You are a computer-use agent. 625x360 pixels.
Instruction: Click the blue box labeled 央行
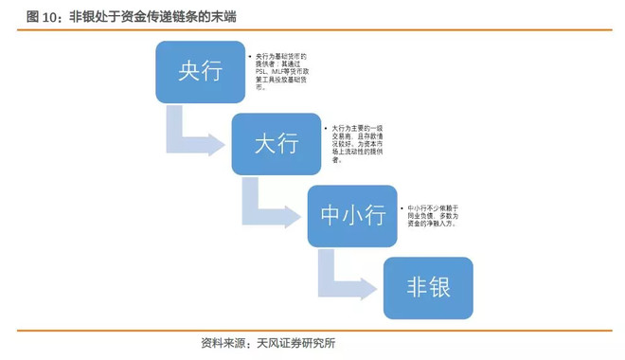(200, 72)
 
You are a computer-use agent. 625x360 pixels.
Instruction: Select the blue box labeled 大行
(276, 143)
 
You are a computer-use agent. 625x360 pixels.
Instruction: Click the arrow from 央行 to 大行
(193, 137)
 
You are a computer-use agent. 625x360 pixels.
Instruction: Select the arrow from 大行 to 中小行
(269, 209)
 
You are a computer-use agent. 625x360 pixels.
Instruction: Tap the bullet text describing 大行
(356, 143)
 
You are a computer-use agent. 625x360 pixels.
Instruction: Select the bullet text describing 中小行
(432, 215)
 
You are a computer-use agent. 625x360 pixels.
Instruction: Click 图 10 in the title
(43, 17)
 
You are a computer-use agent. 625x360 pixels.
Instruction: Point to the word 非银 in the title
(82, 17)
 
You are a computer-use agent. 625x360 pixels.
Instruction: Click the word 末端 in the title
(224, 17)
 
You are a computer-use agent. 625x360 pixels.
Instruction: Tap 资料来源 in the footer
(223, 343)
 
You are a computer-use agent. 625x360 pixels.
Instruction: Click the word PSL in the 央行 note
(262, 70)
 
